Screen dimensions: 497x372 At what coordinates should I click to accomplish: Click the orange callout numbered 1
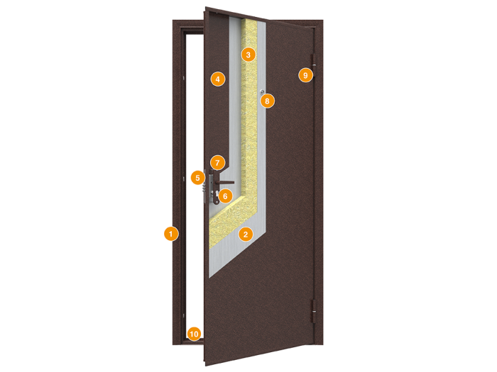171,234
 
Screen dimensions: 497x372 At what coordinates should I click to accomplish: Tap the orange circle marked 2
246,234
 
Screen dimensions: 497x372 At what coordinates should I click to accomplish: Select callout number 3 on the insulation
248,55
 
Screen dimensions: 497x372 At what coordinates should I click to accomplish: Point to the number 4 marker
218,79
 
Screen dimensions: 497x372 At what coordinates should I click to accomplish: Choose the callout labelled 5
198,178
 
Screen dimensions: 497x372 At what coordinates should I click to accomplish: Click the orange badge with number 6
225,196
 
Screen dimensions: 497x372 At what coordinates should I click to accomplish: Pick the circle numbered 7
217,163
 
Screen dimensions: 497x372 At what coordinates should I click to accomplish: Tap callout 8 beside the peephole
267,101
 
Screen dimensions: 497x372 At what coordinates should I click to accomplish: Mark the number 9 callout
305,75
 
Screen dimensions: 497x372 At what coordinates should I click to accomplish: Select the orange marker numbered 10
194,334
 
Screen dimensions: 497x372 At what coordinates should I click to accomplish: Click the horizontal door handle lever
225,183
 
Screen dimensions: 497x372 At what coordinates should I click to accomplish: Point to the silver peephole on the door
262,92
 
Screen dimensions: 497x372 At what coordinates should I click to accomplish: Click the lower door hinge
313,312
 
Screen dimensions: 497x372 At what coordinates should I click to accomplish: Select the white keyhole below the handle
217,193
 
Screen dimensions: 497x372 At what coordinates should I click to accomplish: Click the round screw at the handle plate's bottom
217,202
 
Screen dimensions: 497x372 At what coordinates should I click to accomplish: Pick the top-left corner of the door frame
173,21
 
